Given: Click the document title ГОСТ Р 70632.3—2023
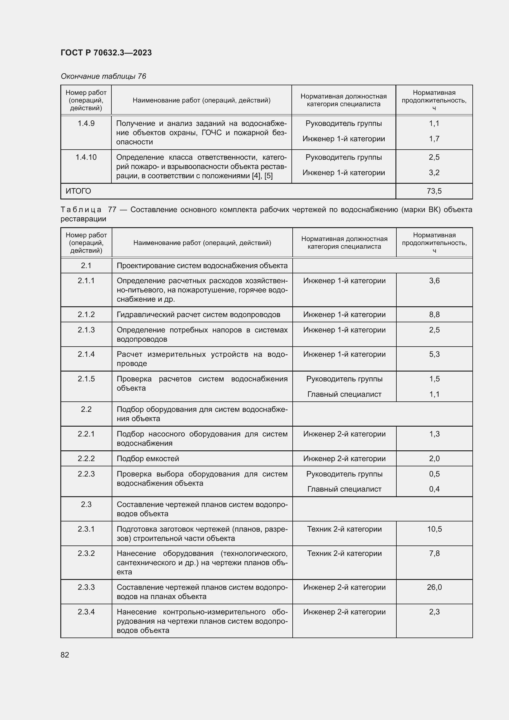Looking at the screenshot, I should click(106, 53).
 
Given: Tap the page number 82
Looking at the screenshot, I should click(65, 655).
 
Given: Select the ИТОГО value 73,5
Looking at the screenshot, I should click(434, 191).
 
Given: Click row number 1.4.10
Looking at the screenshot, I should click(86, 157).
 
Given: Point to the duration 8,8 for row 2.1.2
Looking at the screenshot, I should click(434, 315).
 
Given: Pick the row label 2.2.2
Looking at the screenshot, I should click(86, 458).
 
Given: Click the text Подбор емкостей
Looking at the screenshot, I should click(148, 458).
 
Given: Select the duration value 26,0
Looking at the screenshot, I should click(434, 587).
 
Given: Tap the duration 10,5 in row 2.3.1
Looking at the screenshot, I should click(434, 529).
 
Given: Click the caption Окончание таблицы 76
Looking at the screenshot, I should click(103, 76).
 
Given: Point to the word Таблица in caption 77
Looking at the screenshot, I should click(81, 210).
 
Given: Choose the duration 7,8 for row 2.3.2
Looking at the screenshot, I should click(434, 553).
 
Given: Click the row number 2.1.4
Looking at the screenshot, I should click(86, 354).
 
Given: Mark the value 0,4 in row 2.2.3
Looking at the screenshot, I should click(434, 489).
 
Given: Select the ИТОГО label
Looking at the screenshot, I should click(78, 191).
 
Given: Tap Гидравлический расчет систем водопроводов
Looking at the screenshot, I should click(198, 315).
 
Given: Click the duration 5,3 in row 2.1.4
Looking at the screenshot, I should click(434, 354).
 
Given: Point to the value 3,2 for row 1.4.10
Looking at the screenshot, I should click(434, 172).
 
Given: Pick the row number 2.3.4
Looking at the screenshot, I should click(86, 612).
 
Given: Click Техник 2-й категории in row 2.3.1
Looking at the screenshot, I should click(344, 529).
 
